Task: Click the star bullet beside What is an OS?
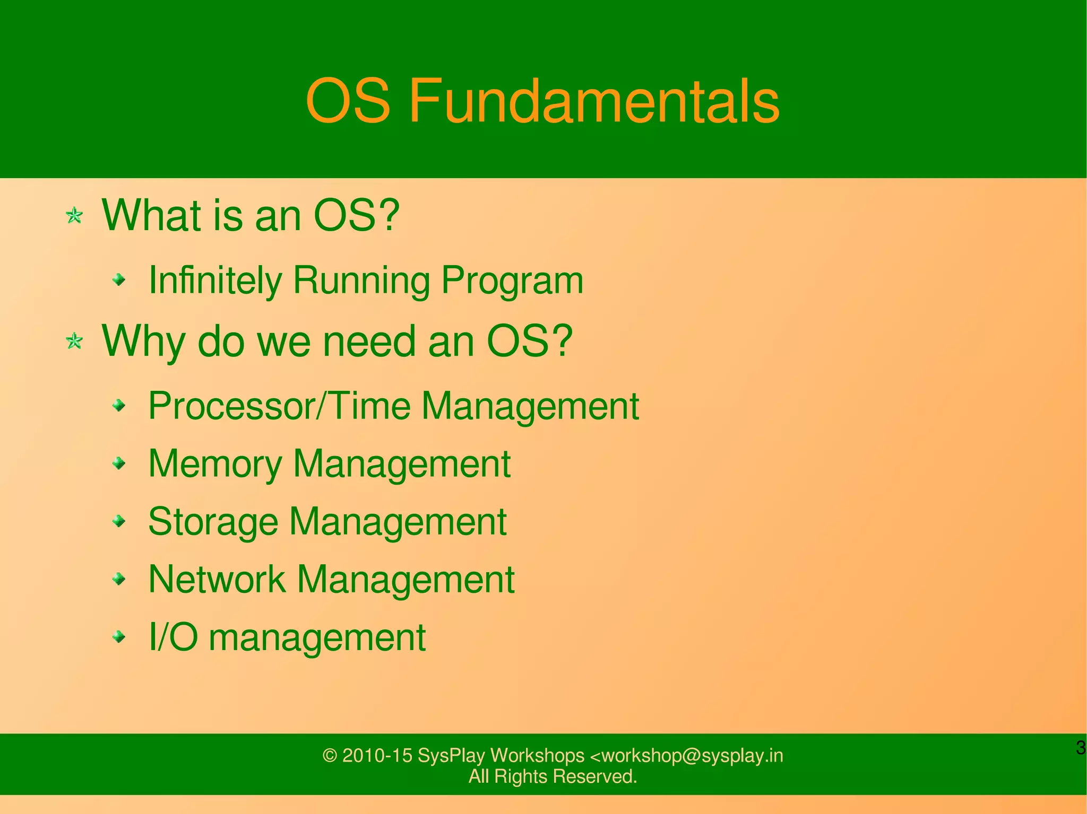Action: coord(74,216)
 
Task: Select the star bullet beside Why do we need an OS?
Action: coord(74,341)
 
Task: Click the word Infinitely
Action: coord(215,280)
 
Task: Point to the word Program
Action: coord(512,280)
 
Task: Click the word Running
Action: coord(361,280)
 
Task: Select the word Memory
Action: coord(215,464)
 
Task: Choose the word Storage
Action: coord(213,521)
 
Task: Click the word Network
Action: coord(217,579)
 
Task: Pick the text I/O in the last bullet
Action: coord(173,637)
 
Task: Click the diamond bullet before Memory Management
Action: coord(120,464)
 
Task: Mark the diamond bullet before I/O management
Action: coord(120,636)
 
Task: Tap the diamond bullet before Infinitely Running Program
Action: coord(120,279)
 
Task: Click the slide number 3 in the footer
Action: coord(1080,748)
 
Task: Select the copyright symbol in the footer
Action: coord(330,756)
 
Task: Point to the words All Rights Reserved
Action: coord(553,777)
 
